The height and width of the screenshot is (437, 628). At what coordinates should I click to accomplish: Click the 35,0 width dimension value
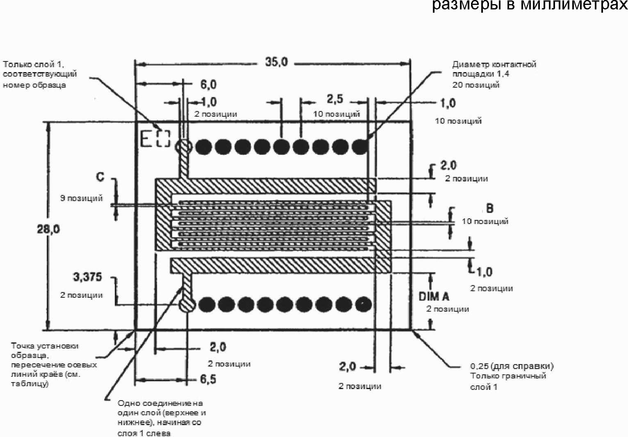[x=276, y=62]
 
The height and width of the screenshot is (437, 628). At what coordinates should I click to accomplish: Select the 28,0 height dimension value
[x=48, y=229]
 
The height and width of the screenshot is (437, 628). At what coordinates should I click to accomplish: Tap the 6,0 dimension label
[x=208, y=84]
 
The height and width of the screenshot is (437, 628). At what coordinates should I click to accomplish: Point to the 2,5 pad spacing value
[x=335, y=99]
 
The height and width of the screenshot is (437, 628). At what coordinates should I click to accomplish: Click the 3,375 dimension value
[x=87, y=277]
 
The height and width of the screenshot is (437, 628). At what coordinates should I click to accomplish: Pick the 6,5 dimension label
[x=208, y=379]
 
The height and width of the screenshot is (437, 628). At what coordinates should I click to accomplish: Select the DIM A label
[x=434, y=297]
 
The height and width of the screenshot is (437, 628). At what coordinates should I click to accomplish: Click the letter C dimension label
[x=100, y=177]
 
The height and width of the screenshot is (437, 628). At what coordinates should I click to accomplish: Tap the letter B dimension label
[x=489, y=208]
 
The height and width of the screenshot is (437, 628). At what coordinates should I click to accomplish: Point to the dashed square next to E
[x=163, y=139]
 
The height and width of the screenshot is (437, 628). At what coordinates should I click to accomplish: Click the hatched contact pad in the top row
[x=184, y=147]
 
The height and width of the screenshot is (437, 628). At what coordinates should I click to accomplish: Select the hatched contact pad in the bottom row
[x=187, y=304]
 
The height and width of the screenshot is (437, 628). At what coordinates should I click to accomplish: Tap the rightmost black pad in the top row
[x=360, y=147]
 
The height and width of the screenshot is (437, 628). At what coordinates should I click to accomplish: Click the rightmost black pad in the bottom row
[x=364, y=304]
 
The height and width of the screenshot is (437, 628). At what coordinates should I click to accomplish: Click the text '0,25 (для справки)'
[x=512, y=366]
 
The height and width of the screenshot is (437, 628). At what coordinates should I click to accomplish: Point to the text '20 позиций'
[x=476, y=85]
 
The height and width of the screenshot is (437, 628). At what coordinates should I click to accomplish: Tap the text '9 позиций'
[x=82, y=198]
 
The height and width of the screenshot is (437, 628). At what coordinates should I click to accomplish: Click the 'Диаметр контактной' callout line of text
[x=494, y=64]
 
